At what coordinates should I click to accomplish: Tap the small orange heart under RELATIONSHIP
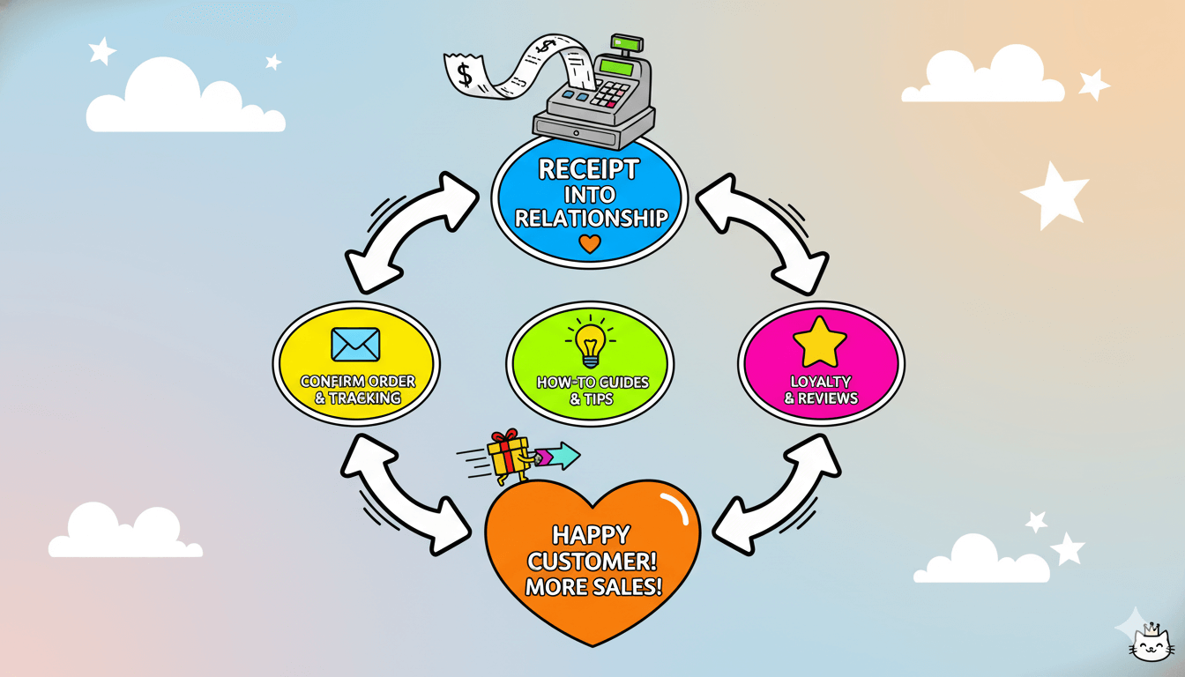click(x=590, y=244)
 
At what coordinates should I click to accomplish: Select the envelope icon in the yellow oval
click(x=355, y=345)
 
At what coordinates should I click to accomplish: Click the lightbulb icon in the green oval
click(x=590, y=345)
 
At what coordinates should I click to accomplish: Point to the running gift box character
click(x=511, y=456)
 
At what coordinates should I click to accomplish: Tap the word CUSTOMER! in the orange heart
click(x=592, y=562)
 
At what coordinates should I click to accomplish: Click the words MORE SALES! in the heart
click(x=592, y=586)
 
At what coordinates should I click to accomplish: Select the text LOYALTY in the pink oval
click(x=820, y=382)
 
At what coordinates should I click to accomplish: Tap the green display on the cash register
click(x=615, y=66)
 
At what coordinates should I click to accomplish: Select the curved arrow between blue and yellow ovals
click(x=411, y=231)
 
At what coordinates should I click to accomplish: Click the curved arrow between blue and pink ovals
click(x=764, y=231)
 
